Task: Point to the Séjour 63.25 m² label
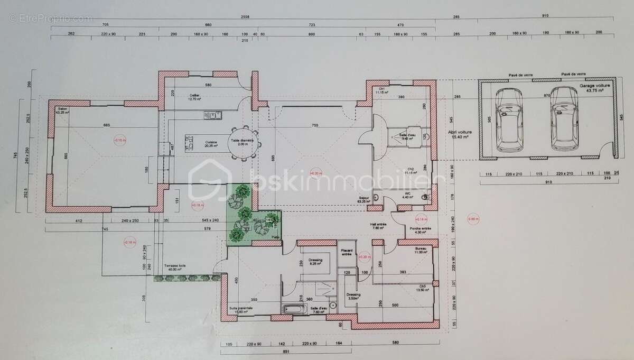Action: [364, 200]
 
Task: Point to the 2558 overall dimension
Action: [244, 17]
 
